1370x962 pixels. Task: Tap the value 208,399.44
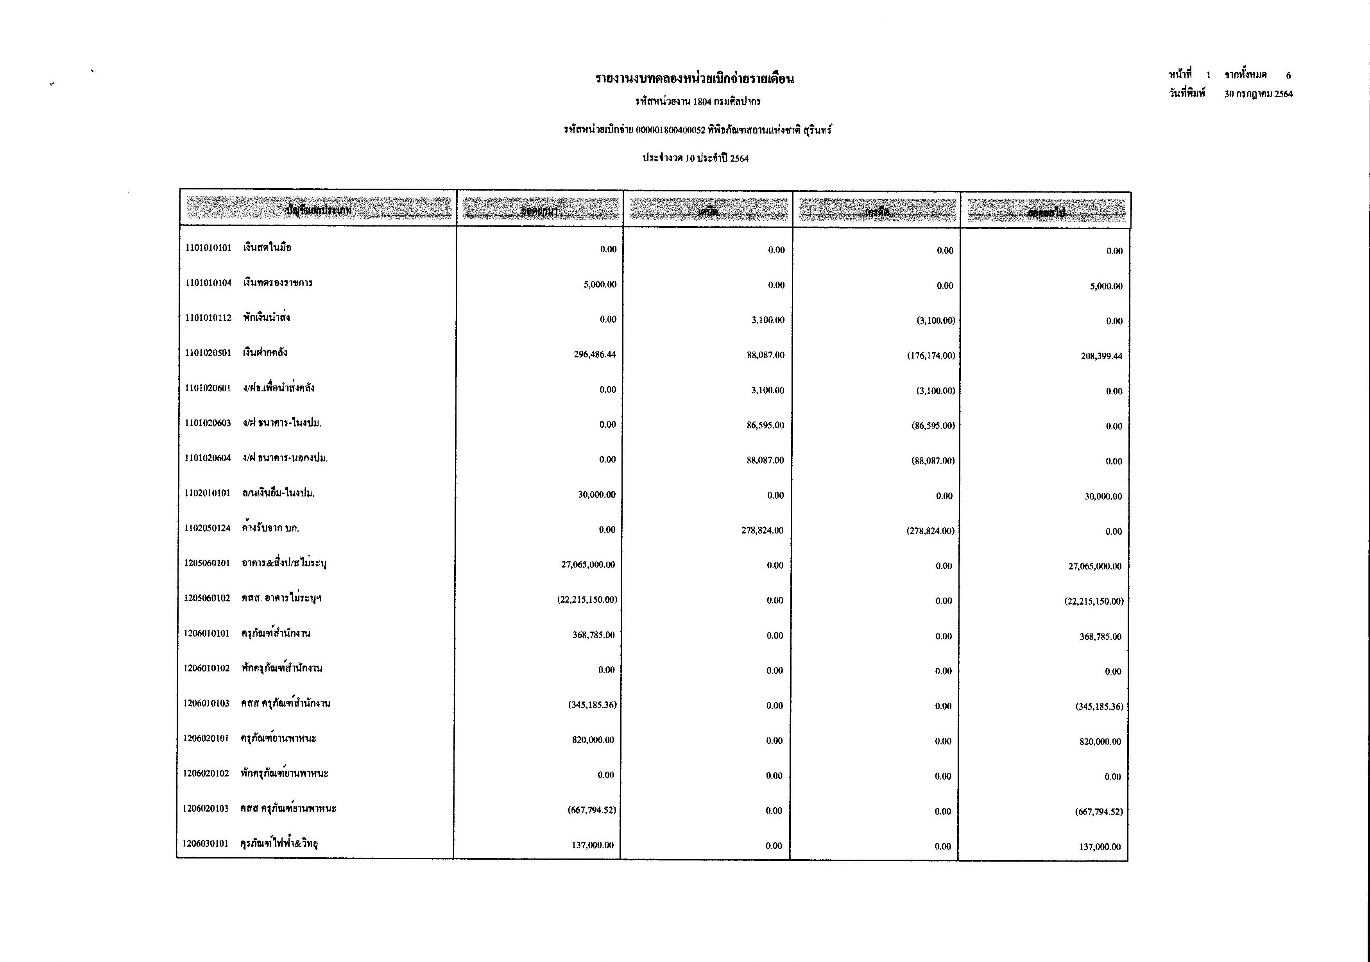coord(1101,357)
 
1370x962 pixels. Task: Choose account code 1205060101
coord(206,563)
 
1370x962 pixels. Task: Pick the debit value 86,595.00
coord(765,425)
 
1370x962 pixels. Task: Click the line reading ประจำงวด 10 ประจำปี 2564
coord(695,158)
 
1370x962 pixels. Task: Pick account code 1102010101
coord(207,493)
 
